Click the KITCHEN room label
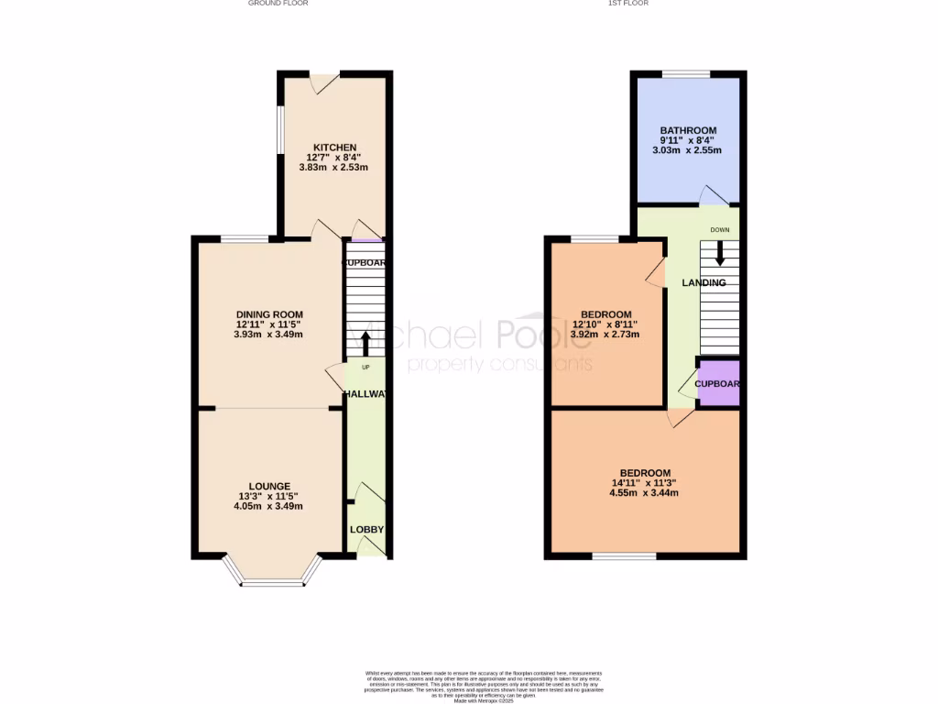tap(334, 148)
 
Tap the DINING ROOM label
tap(268, 314)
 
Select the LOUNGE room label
tap(268, 486)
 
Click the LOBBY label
tap(366, 530)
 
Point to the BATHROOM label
tap(687, 130)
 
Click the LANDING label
tap(703, 283)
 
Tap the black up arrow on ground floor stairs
tap(365, 343)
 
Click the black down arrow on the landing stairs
tap(719, 254)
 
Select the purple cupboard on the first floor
tap(718, 384)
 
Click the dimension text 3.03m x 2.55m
tap(687, 150)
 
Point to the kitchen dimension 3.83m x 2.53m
tap(334, 168)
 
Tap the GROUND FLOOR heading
tap(278, 4)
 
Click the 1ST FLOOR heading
tap(628, 4)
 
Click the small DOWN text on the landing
tap(719, 230)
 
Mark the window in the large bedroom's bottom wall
tap(624, 555)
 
